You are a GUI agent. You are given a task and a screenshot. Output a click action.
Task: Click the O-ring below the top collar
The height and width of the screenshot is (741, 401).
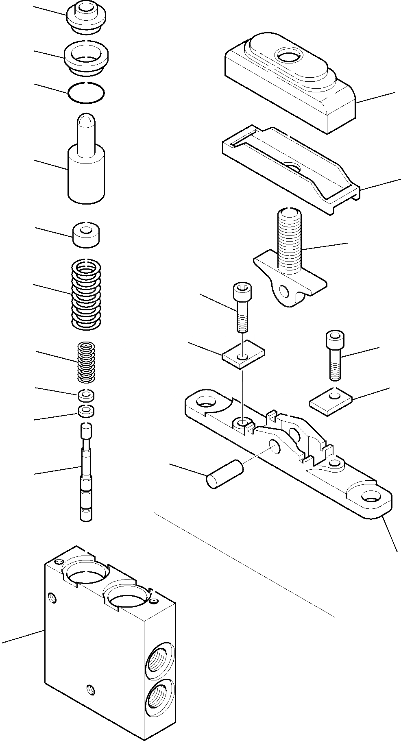click(86, 94)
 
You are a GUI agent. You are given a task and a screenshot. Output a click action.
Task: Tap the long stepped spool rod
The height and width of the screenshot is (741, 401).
click(86, 472)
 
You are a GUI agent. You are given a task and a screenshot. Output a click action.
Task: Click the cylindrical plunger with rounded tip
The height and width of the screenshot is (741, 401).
click(86, 163)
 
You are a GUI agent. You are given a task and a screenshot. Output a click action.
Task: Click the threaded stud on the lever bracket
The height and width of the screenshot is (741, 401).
click(289, 242)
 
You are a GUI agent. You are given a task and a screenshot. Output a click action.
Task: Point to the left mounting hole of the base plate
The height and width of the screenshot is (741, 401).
click(205, 404)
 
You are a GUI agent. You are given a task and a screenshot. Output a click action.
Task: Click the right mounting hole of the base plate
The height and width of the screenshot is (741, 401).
click(370, 497)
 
